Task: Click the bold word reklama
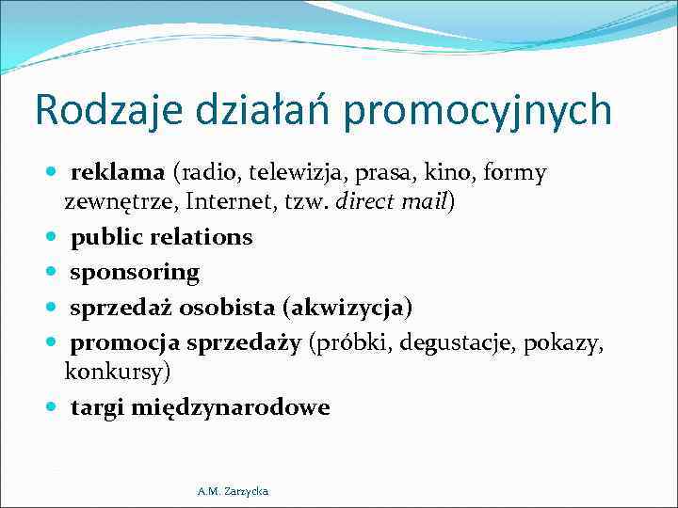tap(118, 173)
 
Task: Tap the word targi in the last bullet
tap(99, 407)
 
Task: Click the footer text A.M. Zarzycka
tap(233, 491)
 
